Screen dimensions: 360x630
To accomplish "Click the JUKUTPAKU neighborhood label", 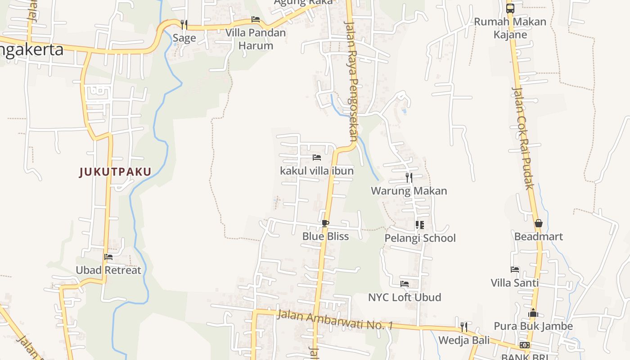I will pos(115,172).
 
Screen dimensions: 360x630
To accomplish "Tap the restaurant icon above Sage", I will pos(184,24).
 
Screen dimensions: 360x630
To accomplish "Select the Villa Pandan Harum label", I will pos(256,39).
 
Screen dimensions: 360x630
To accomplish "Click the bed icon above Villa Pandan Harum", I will pos(256,19).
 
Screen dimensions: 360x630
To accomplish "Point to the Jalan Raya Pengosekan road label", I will pos(351,81).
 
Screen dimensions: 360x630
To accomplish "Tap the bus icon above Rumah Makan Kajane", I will pos(510,8).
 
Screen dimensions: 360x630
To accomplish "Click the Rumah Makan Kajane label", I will pos(510,28).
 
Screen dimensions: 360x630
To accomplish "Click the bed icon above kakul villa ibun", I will pos(317,157).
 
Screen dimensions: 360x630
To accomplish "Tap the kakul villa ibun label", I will pos(317,171).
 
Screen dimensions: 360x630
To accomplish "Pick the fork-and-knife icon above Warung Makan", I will pos(409,177).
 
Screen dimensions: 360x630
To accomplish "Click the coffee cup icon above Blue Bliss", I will pos(325,223).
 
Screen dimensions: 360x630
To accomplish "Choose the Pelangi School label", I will pos(420,238).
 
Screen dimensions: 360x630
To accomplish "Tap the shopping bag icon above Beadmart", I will pos(539,223).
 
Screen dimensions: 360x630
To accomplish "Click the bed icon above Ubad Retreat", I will pos(108,257).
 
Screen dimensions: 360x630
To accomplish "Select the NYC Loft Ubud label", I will pos(405,297).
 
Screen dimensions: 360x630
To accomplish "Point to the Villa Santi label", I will pos(515,283).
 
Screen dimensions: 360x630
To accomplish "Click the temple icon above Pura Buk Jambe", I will pos(533,313).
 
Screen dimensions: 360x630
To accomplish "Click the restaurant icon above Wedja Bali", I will pos(464,327).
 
